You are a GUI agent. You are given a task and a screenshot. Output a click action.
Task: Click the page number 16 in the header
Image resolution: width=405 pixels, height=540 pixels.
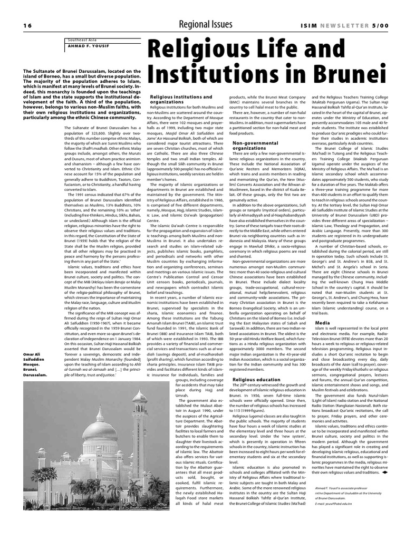coord(27,25)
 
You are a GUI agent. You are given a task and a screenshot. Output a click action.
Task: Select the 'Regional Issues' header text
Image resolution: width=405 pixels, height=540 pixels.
coord(205,24)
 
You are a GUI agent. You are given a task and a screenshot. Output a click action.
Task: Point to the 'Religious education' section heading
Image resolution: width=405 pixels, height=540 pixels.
coord(256,379)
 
